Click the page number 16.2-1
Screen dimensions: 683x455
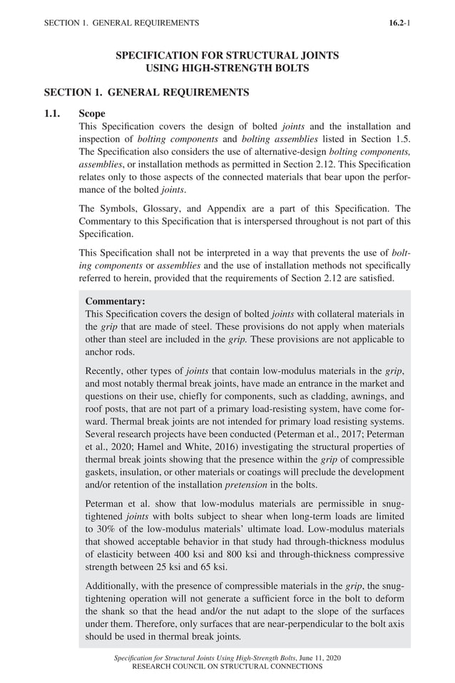click(x=399, y=23)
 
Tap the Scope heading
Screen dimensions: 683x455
click(x=92, y=114)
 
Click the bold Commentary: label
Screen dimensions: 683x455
click(x=115, y=301)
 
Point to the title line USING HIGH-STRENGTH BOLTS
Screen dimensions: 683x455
click(x=227, y=68)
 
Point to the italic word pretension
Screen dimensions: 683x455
click(x=248, y=486)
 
